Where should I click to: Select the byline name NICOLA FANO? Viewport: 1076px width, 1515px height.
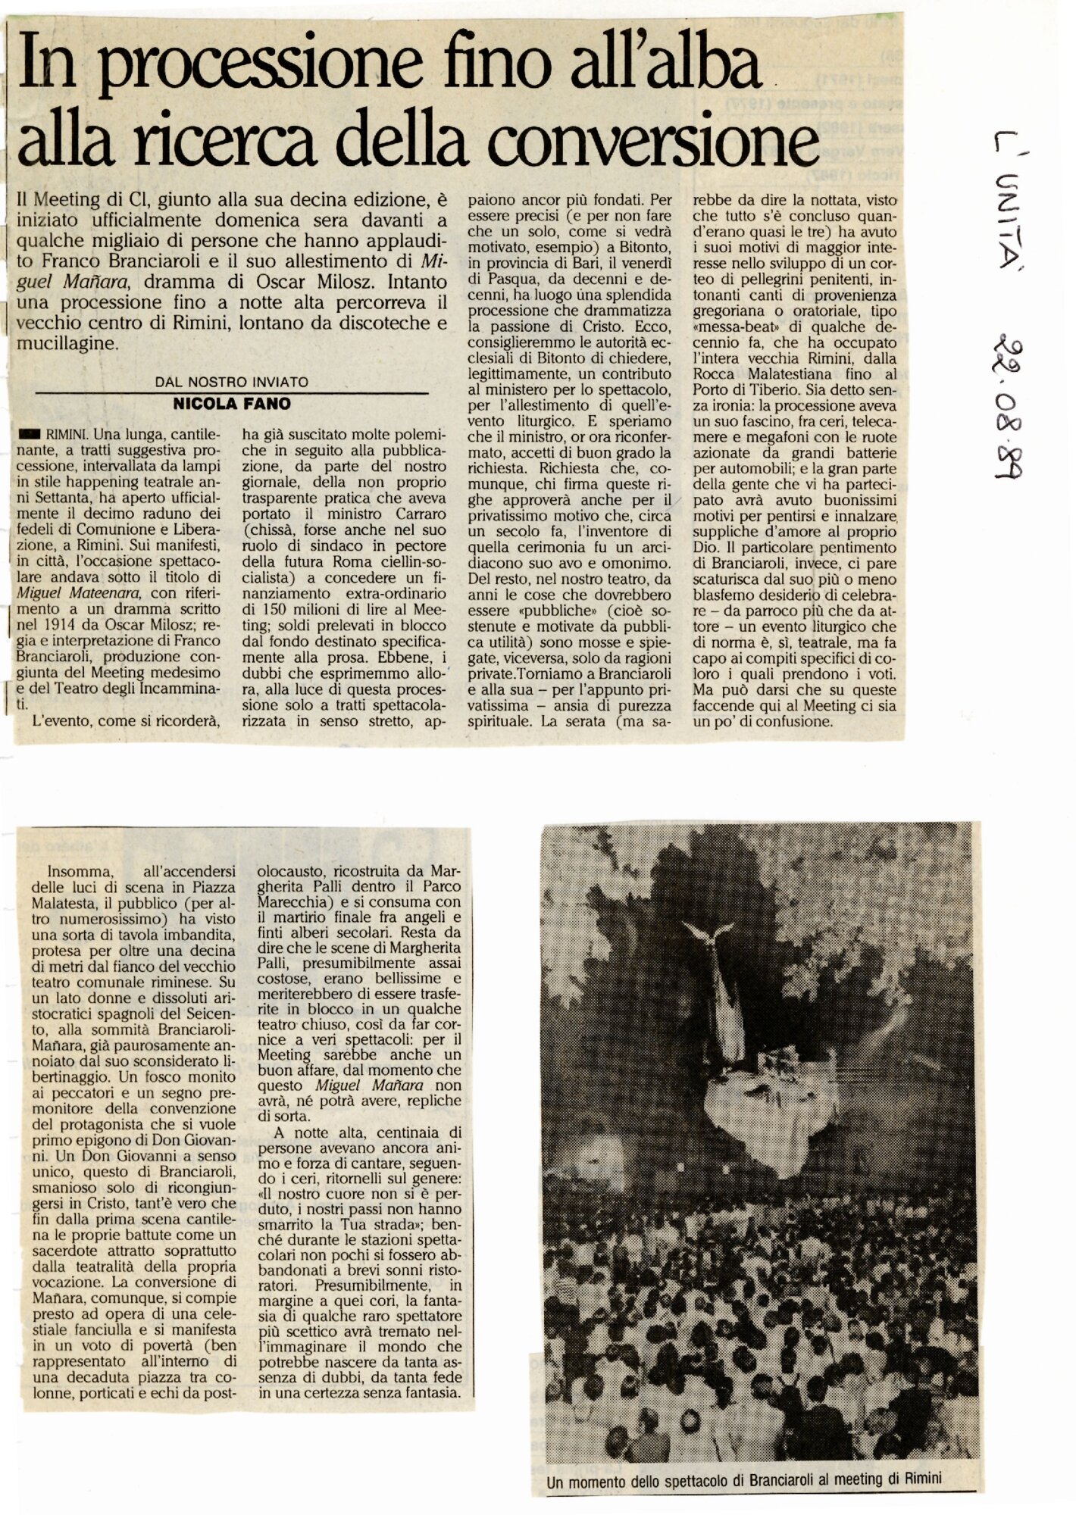[232, 404]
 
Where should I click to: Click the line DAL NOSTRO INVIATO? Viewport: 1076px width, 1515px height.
[232, 383]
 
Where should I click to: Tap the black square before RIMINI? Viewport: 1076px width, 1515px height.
[30, 435]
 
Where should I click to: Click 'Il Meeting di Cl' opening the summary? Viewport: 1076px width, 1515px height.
[83, 200]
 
